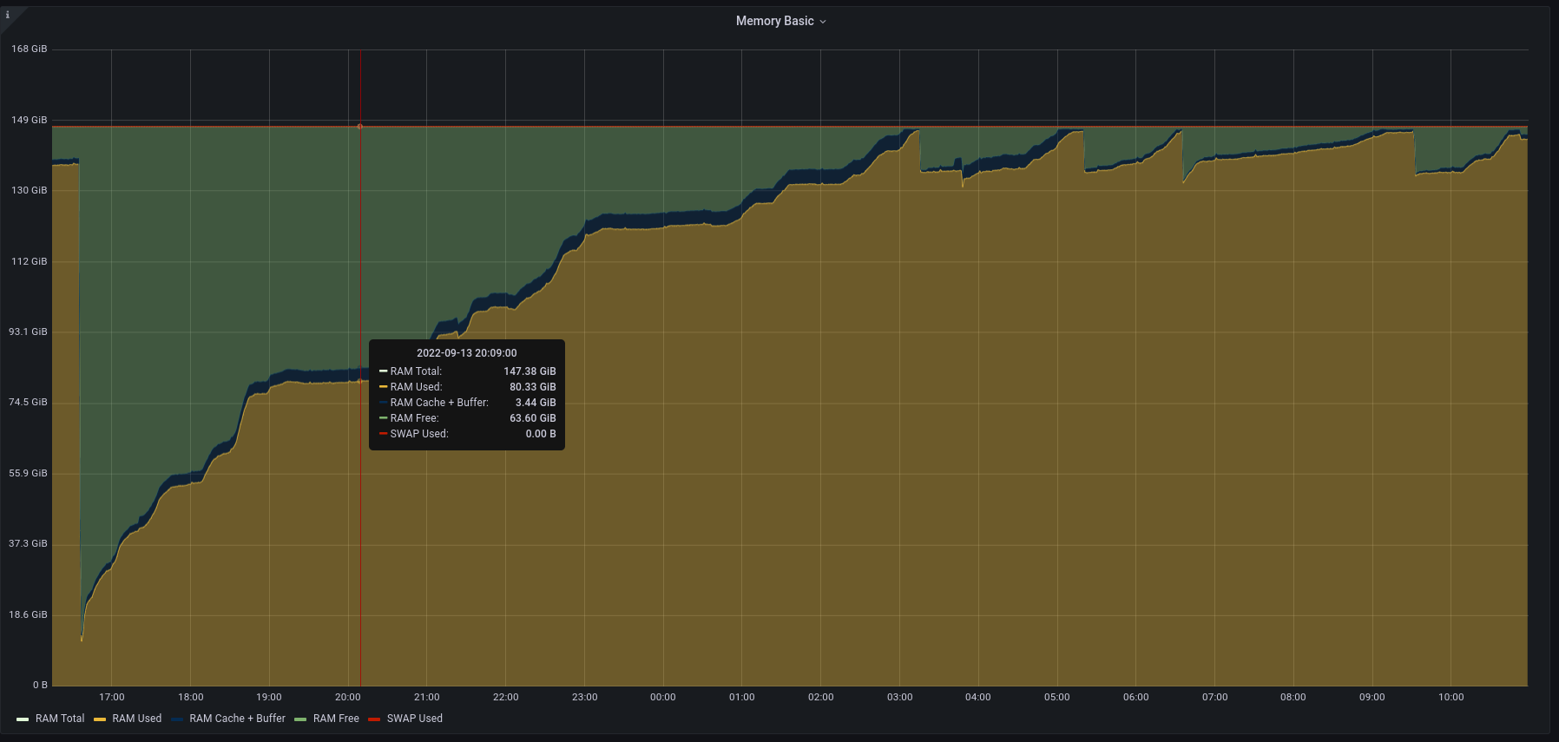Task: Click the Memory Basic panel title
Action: click(x=774, y=21)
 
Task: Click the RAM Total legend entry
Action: click(x=59, y=719)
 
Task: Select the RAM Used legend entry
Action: click(x=136, y=719)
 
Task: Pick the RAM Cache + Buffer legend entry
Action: click(x=237, y=719)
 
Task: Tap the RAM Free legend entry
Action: click(x=335, y=719)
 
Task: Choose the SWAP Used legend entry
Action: click(x=414, y=719)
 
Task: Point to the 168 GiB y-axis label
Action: click(x=29, y=49)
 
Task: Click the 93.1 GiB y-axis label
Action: click(x=29, y=332)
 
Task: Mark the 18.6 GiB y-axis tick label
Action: click(x=29, y=614)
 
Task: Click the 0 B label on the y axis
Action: click(x=40, y=685)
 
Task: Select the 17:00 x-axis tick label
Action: click(x=112, y=697)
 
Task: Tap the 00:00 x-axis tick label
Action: click(x=663, y=697)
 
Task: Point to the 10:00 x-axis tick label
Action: click(x=1450, y=697)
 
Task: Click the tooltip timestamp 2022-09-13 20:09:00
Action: click(x=466, y=353)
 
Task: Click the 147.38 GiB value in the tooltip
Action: click(x=530, y=371)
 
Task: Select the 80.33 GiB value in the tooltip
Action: click(x=532, y=387)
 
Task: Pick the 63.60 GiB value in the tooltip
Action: click(x=532, y=418)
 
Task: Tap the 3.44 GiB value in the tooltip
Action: click(x=536, y=403)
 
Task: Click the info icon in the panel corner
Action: click(x=8, y=15)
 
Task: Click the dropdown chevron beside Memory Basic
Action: click(x=823, y=22)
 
